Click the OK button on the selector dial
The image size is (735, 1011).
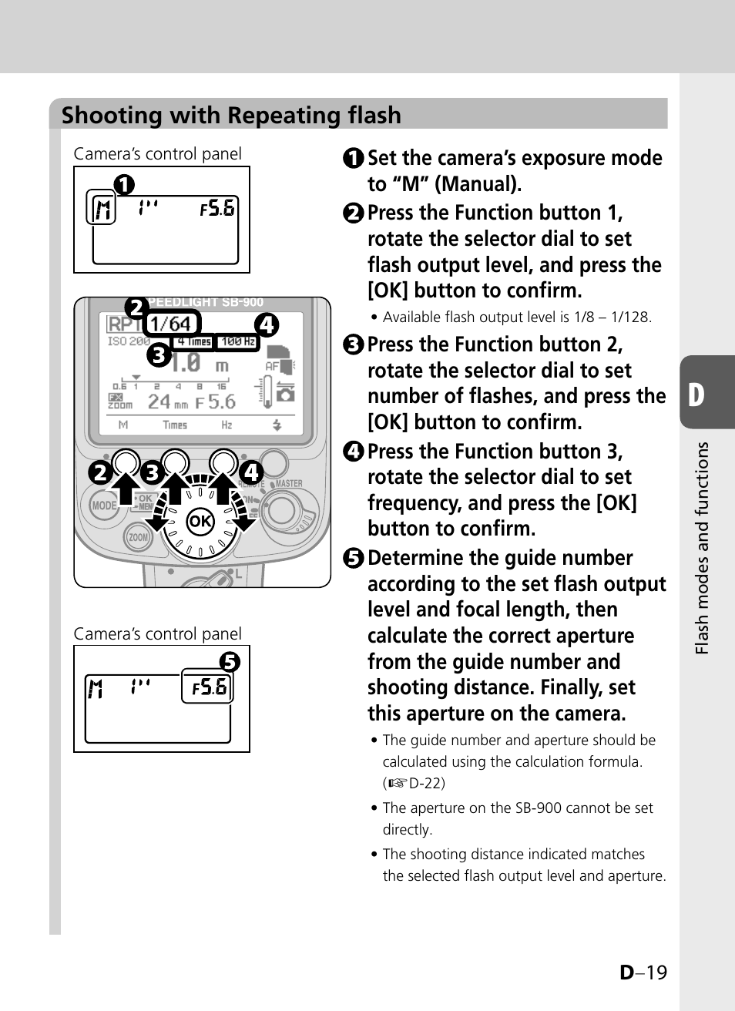tap(200, 521)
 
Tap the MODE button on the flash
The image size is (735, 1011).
tap(104, 506)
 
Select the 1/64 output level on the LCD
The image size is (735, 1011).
tap(170, 324)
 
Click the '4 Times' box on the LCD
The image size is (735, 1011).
tap(193, 341)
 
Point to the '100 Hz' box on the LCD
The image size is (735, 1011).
tap(238, 341)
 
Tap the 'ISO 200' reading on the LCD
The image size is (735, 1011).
tap(129, 341)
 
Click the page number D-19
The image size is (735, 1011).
tap(643, 972)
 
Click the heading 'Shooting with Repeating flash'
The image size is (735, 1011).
tap(231, 116)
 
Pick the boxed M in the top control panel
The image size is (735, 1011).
tap(102, 208)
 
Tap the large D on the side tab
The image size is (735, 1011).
tap(696, 395)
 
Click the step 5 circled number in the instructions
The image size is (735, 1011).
tap(354, 558)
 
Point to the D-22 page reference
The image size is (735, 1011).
tap(426, 783)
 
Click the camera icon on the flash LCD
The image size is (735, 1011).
tap(285, 395)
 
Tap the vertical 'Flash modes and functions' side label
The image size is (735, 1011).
tap(702, 549)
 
